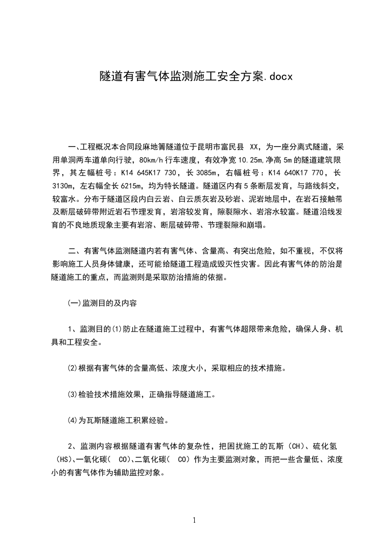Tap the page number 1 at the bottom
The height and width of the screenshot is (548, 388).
point(194,520)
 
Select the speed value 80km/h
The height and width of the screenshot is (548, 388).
point(153,160)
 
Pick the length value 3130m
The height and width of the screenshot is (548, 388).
point(63,186)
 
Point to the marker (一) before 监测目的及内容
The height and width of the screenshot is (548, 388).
point(74,303)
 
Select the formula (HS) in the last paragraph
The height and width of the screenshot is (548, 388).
point(63,459)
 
